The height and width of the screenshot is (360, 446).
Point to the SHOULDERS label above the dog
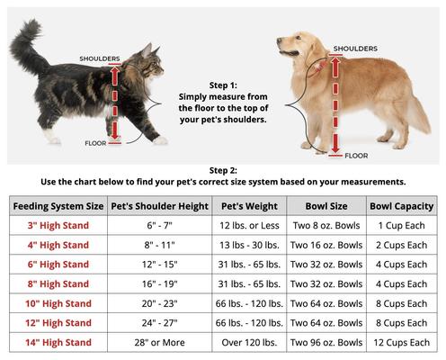pos(354,49)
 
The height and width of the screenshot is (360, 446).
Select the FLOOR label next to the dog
pos(356,156)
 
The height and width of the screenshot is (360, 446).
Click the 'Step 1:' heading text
pos(223,83)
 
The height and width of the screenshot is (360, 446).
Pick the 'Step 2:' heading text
pos(223,169)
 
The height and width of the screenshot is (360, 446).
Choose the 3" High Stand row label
pos(58,225)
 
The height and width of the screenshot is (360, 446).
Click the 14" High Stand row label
pos(58,343)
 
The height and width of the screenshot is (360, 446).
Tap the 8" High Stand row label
pos(58,283)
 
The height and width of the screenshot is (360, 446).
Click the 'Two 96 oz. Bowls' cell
pos(326,343)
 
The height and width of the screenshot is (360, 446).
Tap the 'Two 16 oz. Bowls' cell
pos(326,245)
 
